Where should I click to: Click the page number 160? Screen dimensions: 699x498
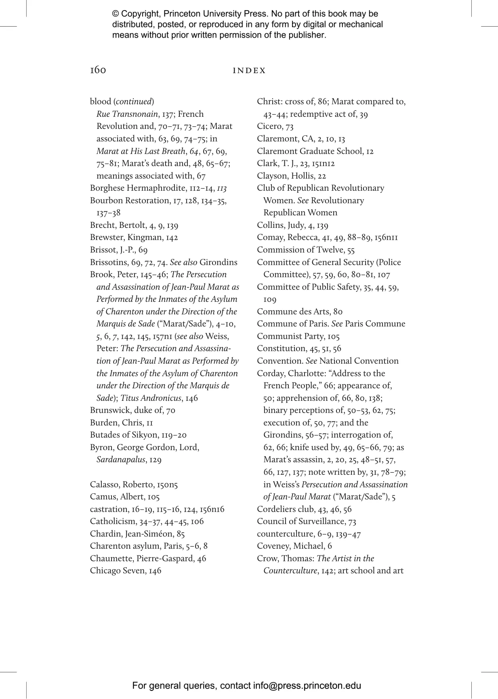point(98,70)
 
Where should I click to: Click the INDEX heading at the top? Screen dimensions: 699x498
point(249,71)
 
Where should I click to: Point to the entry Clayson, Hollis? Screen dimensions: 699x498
point(285,176)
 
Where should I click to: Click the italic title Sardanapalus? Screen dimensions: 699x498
point(121,459)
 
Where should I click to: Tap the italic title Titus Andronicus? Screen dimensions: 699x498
point(151,398)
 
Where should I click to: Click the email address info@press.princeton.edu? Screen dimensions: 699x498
point(307,686)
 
